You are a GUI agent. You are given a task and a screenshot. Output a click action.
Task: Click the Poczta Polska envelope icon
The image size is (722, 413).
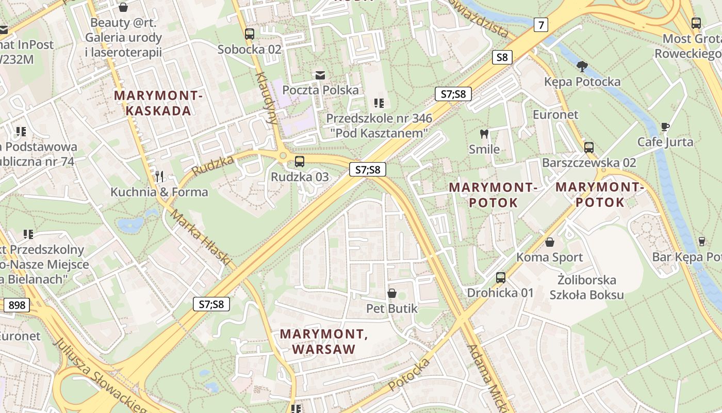click(320, 75)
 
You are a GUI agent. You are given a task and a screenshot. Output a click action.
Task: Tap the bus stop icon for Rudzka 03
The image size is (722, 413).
click(299, 162)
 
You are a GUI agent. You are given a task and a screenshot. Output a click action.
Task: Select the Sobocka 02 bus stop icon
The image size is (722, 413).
click(250, 34)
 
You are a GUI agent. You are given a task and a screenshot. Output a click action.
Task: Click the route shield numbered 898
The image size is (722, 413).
click(17, 305)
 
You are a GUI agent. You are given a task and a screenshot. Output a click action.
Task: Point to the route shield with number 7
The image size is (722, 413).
click(540, 24)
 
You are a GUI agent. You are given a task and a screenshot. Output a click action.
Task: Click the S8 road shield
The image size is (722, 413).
click(502, 57)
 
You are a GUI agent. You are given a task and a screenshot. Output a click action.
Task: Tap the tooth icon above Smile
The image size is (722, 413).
click(484, 134)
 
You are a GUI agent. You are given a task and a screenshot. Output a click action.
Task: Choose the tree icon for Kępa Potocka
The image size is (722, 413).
click(582, 66)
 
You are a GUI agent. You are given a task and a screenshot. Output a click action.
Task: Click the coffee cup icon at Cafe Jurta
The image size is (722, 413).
click(665, 126)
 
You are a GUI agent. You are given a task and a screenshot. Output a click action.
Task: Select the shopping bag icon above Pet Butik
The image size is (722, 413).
click(392, 293)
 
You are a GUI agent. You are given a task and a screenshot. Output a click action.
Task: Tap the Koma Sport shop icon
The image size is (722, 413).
click(550, 242)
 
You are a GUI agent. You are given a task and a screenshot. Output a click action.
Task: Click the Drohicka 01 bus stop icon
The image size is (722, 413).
click(500, 278)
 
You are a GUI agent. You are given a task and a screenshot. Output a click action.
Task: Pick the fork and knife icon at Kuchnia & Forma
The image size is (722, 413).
click(159, 177)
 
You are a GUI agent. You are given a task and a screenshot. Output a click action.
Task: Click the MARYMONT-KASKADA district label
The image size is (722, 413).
click(158, 103)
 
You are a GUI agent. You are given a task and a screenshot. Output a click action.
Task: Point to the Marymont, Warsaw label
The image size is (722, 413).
click(324, 342)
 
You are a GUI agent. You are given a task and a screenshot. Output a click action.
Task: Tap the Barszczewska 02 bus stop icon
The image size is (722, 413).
click(589, 148)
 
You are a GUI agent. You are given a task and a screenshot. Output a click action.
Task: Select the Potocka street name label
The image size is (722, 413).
click(408, 374)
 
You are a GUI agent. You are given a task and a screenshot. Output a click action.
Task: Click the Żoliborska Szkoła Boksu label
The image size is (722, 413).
click(586, 288)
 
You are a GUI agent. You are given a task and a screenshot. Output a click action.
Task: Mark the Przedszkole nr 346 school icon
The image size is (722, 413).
click(379, 103)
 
